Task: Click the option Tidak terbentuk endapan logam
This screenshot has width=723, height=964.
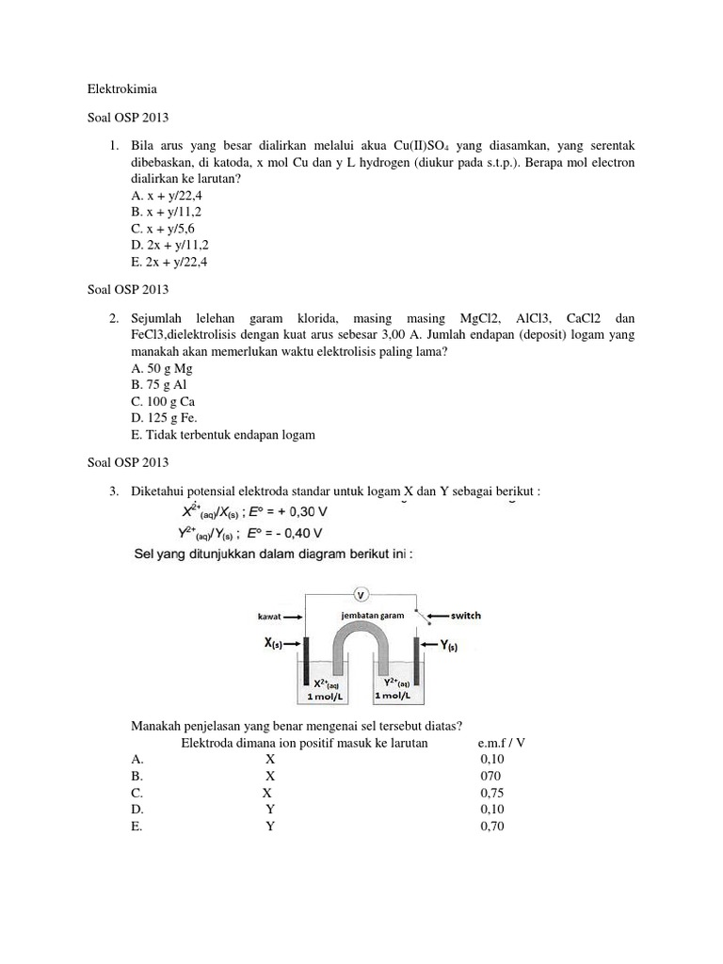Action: (x=222, y=435)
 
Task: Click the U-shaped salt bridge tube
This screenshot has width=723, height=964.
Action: (x=361, y=644)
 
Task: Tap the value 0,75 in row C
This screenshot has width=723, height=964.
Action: (x=492, y=793)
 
